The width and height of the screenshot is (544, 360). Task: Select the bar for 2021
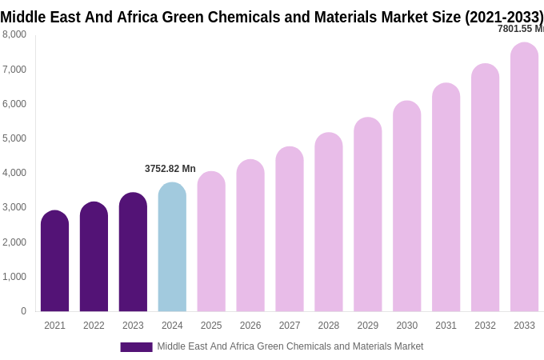tap(54, 262)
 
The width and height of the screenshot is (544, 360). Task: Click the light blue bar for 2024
tap(172, 248)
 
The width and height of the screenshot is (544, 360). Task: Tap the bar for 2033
tap(524, 178)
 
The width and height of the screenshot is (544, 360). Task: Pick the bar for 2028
tap(328, 222)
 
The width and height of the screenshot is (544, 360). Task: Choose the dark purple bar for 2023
tap(133, 253)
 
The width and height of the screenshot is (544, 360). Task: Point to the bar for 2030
tap(406, 206)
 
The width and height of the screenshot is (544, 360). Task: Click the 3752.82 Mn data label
tap(170, 169)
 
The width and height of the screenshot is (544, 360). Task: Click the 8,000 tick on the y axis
tap(14, 34)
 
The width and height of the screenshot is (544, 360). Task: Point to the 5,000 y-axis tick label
tap(14, 138)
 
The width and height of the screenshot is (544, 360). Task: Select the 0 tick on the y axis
tap(23, 311)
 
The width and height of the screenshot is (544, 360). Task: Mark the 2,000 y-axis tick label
tap(14, 242)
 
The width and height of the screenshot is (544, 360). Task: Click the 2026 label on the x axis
tap(250, 326)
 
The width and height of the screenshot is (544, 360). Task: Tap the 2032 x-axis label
tap(485, 326)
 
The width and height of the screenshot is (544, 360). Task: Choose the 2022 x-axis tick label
tap(94, 326)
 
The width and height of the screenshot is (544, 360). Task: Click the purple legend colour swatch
tap(136, 346)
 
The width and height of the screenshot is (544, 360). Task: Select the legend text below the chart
tap(290, 346)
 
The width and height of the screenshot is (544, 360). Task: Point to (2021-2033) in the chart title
tap(504, 17)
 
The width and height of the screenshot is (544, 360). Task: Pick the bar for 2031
tap(446, 198)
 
